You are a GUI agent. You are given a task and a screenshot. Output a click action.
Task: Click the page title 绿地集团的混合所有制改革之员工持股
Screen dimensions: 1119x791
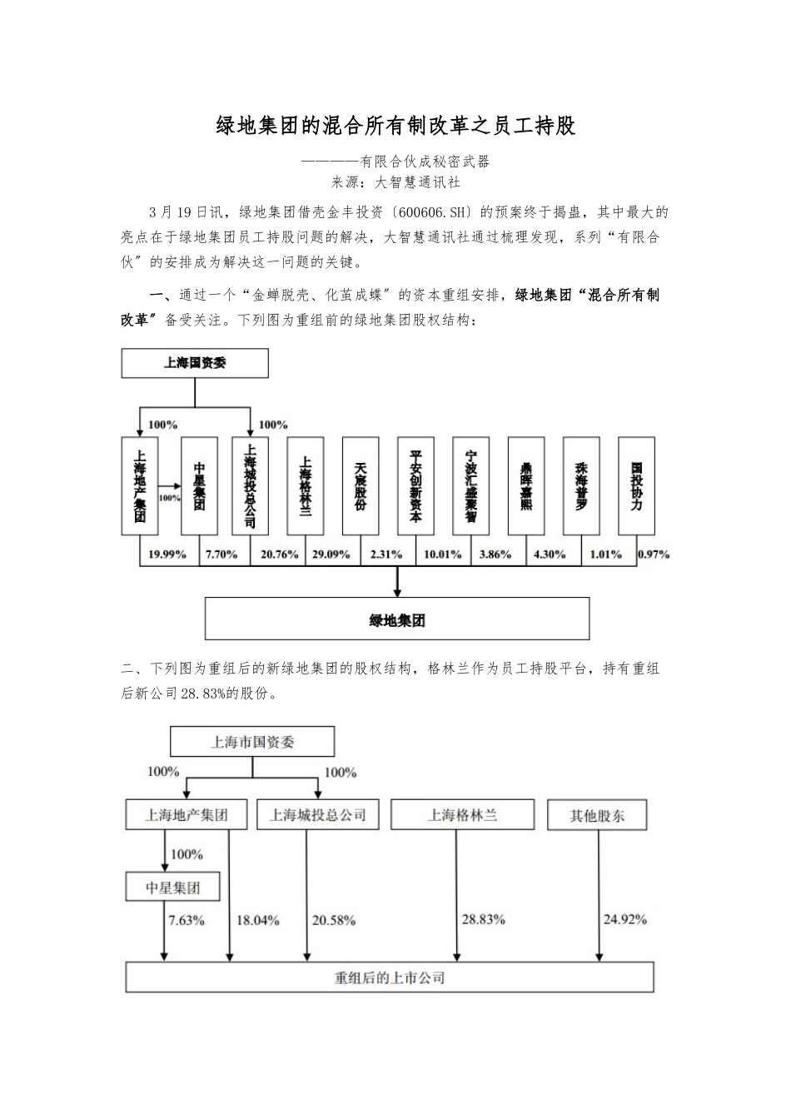pyautogui.click(x=395, y=126)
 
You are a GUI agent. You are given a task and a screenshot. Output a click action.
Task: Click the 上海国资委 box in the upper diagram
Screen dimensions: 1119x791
pyautogui.click(x=195, y=364)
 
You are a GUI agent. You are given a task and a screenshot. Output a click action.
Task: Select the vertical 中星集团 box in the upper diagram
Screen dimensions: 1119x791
pyautogui.click(x=199, y=486)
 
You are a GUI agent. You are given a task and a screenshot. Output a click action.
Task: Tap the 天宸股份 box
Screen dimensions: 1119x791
pyautogui.click(x=360, y=486)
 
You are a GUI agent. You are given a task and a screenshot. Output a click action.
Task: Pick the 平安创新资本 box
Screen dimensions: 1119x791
pyautogui.click(x=415, y=486)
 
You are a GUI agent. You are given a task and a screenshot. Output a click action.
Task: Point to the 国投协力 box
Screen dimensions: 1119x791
pyautogui.click(x=636, y=486)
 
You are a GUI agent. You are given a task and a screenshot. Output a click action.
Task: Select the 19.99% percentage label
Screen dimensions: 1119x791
pyautogui.click(x=167, y=555)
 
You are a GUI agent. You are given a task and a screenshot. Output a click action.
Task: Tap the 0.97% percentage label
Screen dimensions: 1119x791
pyautogui.click(x=654, y=555)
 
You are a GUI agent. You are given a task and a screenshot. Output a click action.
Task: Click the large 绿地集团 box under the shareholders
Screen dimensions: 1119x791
pyautogui.click(x=397, y=619)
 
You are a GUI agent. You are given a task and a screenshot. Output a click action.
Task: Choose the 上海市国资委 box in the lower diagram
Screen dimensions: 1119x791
pyautogui.click(x=252, y=742)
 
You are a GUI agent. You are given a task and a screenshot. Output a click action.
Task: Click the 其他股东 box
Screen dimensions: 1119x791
pyautogui.click(x=597, y=816)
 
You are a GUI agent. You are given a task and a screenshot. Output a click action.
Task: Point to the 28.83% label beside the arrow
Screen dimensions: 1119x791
pyautogui.click(x=483, y=920)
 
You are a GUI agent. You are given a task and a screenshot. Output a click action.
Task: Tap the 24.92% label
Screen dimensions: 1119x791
pyautogui.click(x=624, y=920)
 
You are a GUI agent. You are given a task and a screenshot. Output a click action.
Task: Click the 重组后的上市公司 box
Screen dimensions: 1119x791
pyautogui.click(x=390, y=977)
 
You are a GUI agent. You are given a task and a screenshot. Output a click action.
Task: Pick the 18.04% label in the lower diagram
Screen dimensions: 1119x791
pyautogui.click(x=257, y=921)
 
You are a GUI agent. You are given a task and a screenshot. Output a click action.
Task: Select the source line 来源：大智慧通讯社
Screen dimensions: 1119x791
pyautogui.click(x=395, y=182)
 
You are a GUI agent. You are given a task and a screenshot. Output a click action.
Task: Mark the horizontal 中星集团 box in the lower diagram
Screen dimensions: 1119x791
pyautogui.click(x=173, y=888)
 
